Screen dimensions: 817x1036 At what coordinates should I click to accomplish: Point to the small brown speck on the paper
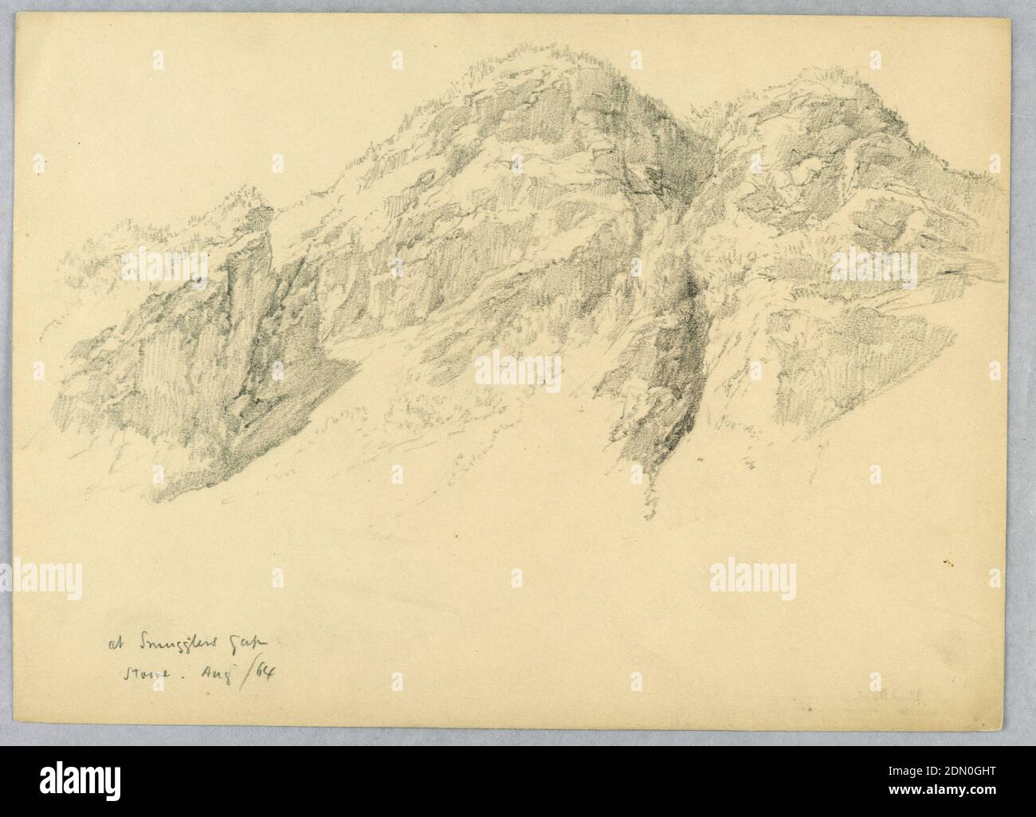click(x=946, y=564)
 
